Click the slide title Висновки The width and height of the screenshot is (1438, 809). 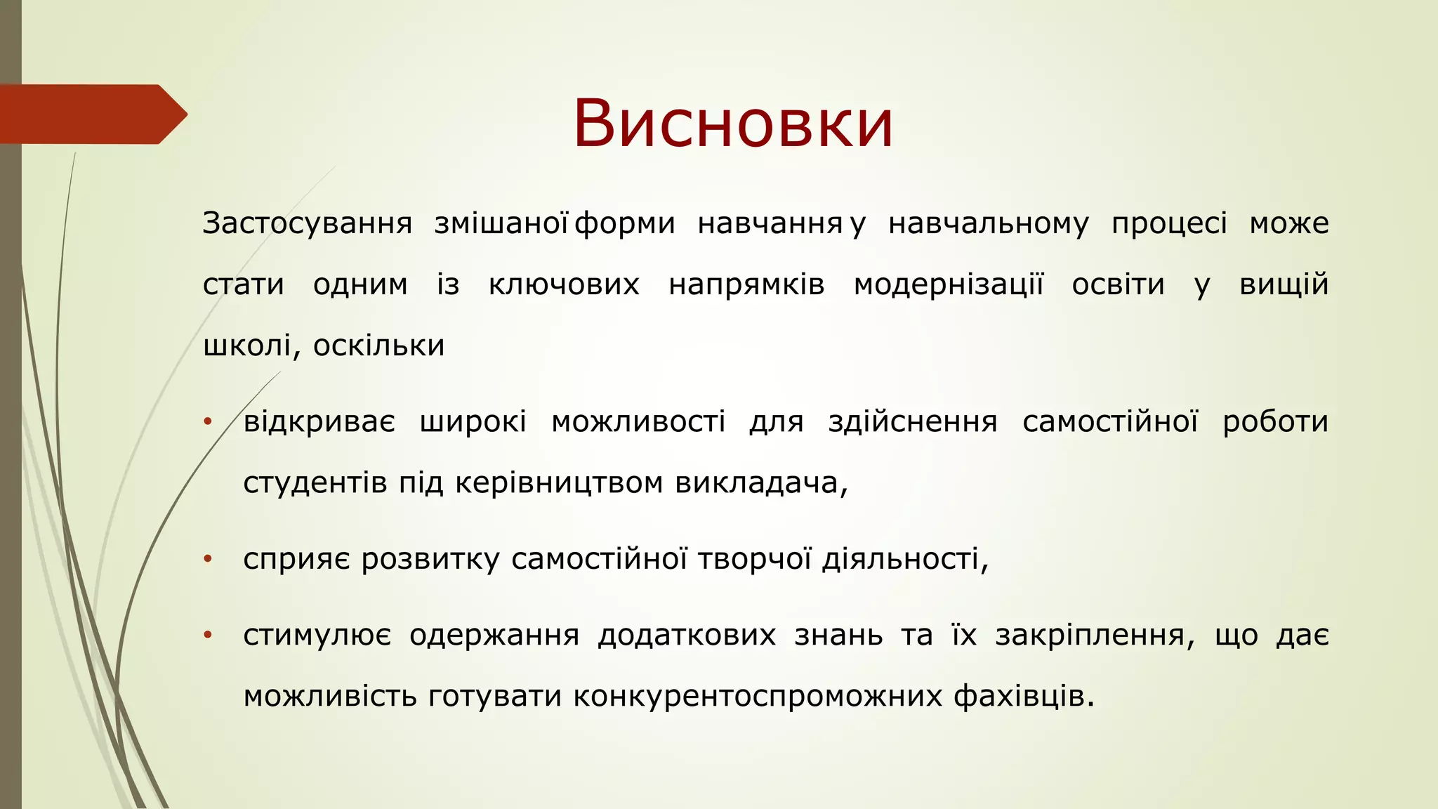coord(733,124)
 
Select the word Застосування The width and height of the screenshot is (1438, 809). coord(307,224)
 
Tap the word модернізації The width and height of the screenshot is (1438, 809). coord(949,285)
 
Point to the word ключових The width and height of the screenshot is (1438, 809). coord(564,285)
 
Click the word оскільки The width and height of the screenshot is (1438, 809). coord(378,346)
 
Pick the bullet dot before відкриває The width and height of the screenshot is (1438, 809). coord(207,422)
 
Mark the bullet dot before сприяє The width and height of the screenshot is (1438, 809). coord(207,560)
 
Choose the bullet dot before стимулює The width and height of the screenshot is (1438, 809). coord(207,636)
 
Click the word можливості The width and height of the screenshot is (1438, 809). coord(638,422)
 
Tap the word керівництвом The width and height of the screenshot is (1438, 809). coord(559,483)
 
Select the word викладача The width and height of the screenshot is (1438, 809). coord(760,483)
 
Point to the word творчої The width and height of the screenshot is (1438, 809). coord(755,560)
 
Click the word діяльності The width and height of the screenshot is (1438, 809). coord(904,560)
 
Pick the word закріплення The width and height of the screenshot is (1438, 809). coord(1094,636)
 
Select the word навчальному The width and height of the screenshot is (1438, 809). coord(989,224)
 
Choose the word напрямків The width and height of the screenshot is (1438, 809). coord(746,285)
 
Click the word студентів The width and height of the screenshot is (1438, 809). coord(315,483)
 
